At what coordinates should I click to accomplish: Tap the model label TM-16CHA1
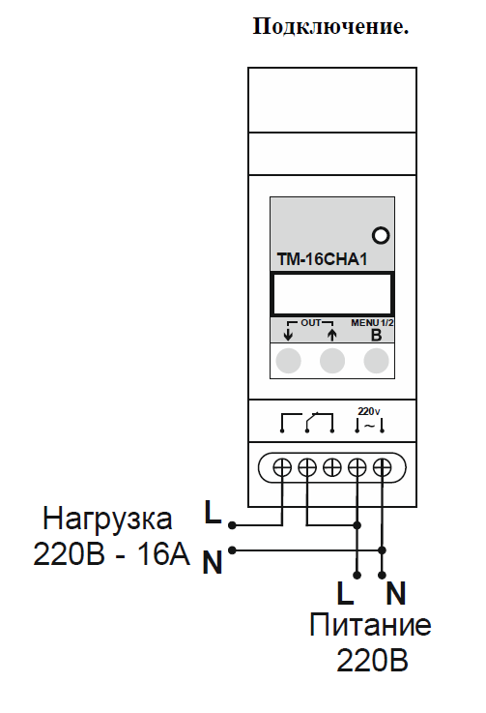coord(322,259)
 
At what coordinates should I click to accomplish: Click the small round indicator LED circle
coord(381,235)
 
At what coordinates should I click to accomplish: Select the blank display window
coord(332,294)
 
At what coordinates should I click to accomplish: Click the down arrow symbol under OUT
coord(288,335)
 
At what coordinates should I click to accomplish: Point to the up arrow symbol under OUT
coord(332,335)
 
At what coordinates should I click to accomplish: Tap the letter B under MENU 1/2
coord(376,335)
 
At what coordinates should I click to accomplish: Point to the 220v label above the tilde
coord(369,411)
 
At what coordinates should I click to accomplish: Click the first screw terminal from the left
coord(282,467)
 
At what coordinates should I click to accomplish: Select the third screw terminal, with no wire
coord(332,467)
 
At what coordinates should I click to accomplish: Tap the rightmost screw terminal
coord(382,467)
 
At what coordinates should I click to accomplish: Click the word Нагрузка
coord(107,520)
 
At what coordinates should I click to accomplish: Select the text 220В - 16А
coord(112,554)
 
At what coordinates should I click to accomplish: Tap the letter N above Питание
coord(395,593)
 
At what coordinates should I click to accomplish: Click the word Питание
coord(370,625)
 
